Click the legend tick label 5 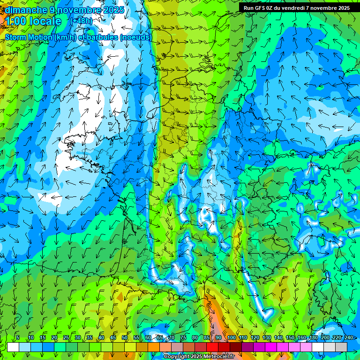click(18, 337)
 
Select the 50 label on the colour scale click(125, 337)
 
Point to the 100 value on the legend click(231, 337)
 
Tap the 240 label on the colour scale click(348, 337)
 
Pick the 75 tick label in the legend click(183, 337)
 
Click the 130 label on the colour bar click(267, 337)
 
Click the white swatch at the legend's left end click(13, 347)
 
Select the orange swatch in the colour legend click(154, 347)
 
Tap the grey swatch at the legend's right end click(341, 347)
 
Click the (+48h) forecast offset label click(81, 21)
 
